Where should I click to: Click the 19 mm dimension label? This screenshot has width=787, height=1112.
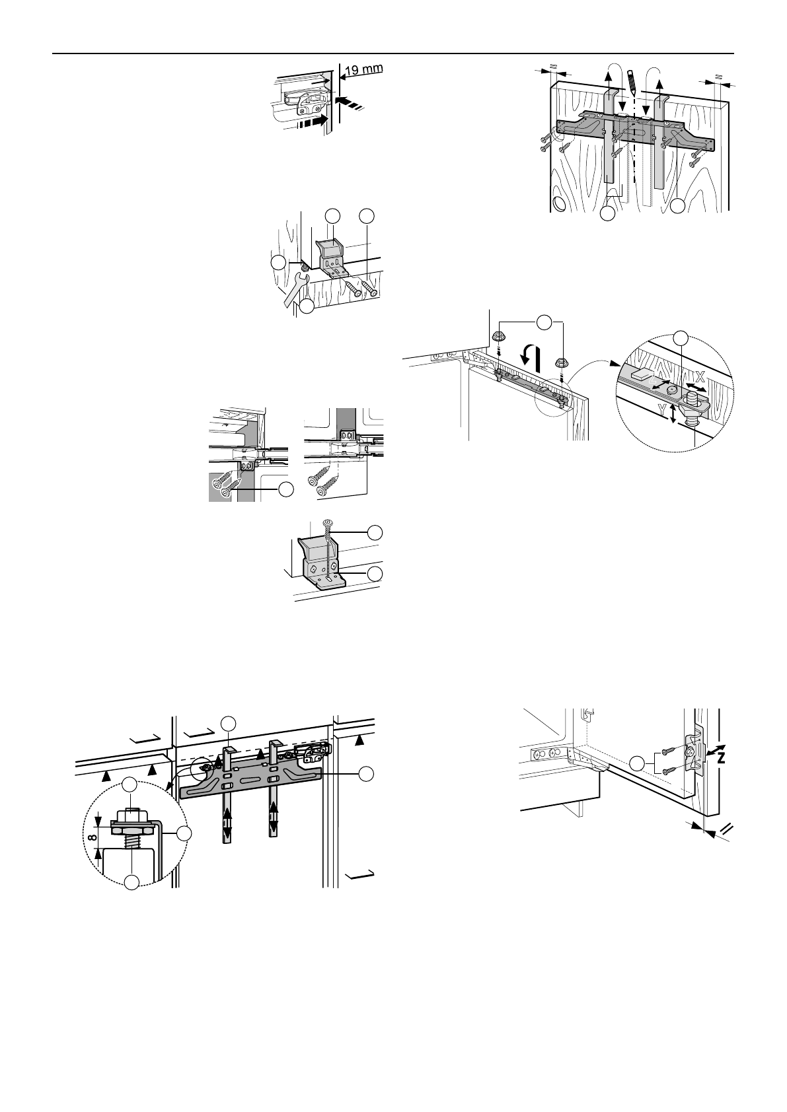363,69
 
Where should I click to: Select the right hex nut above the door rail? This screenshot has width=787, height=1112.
562,363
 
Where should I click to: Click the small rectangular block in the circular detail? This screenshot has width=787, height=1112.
641,374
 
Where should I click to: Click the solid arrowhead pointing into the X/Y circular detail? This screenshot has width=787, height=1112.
615,362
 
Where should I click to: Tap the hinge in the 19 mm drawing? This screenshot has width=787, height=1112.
305,100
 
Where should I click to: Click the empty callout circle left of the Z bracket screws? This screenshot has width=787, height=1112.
638,764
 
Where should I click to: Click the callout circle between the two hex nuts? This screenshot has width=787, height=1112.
543,322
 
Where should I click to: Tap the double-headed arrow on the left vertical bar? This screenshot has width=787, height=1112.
227,823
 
